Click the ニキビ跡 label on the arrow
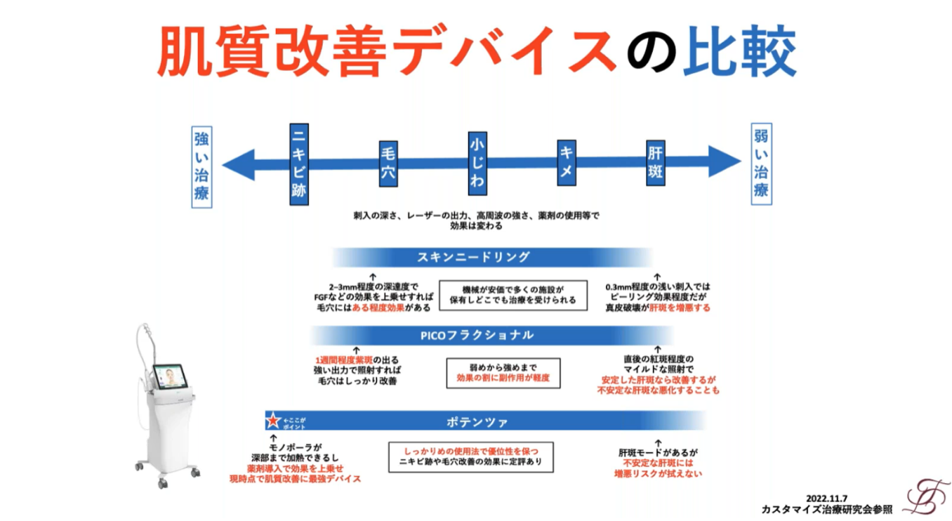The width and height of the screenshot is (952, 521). pyautogui.click(x=299, y=165)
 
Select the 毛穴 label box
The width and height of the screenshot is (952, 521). pyautogui.click(x=388, y=165)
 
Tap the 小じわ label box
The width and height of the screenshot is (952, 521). pyautogui.click(x=477, y=164)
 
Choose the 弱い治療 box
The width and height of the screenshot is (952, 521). pyautogui.click(x=761, y=164)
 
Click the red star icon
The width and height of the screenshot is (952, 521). pyautogui.click(x=273, y=421)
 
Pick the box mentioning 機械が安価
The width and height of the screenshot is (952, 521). pyautogui.click(x=513, y=294)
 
